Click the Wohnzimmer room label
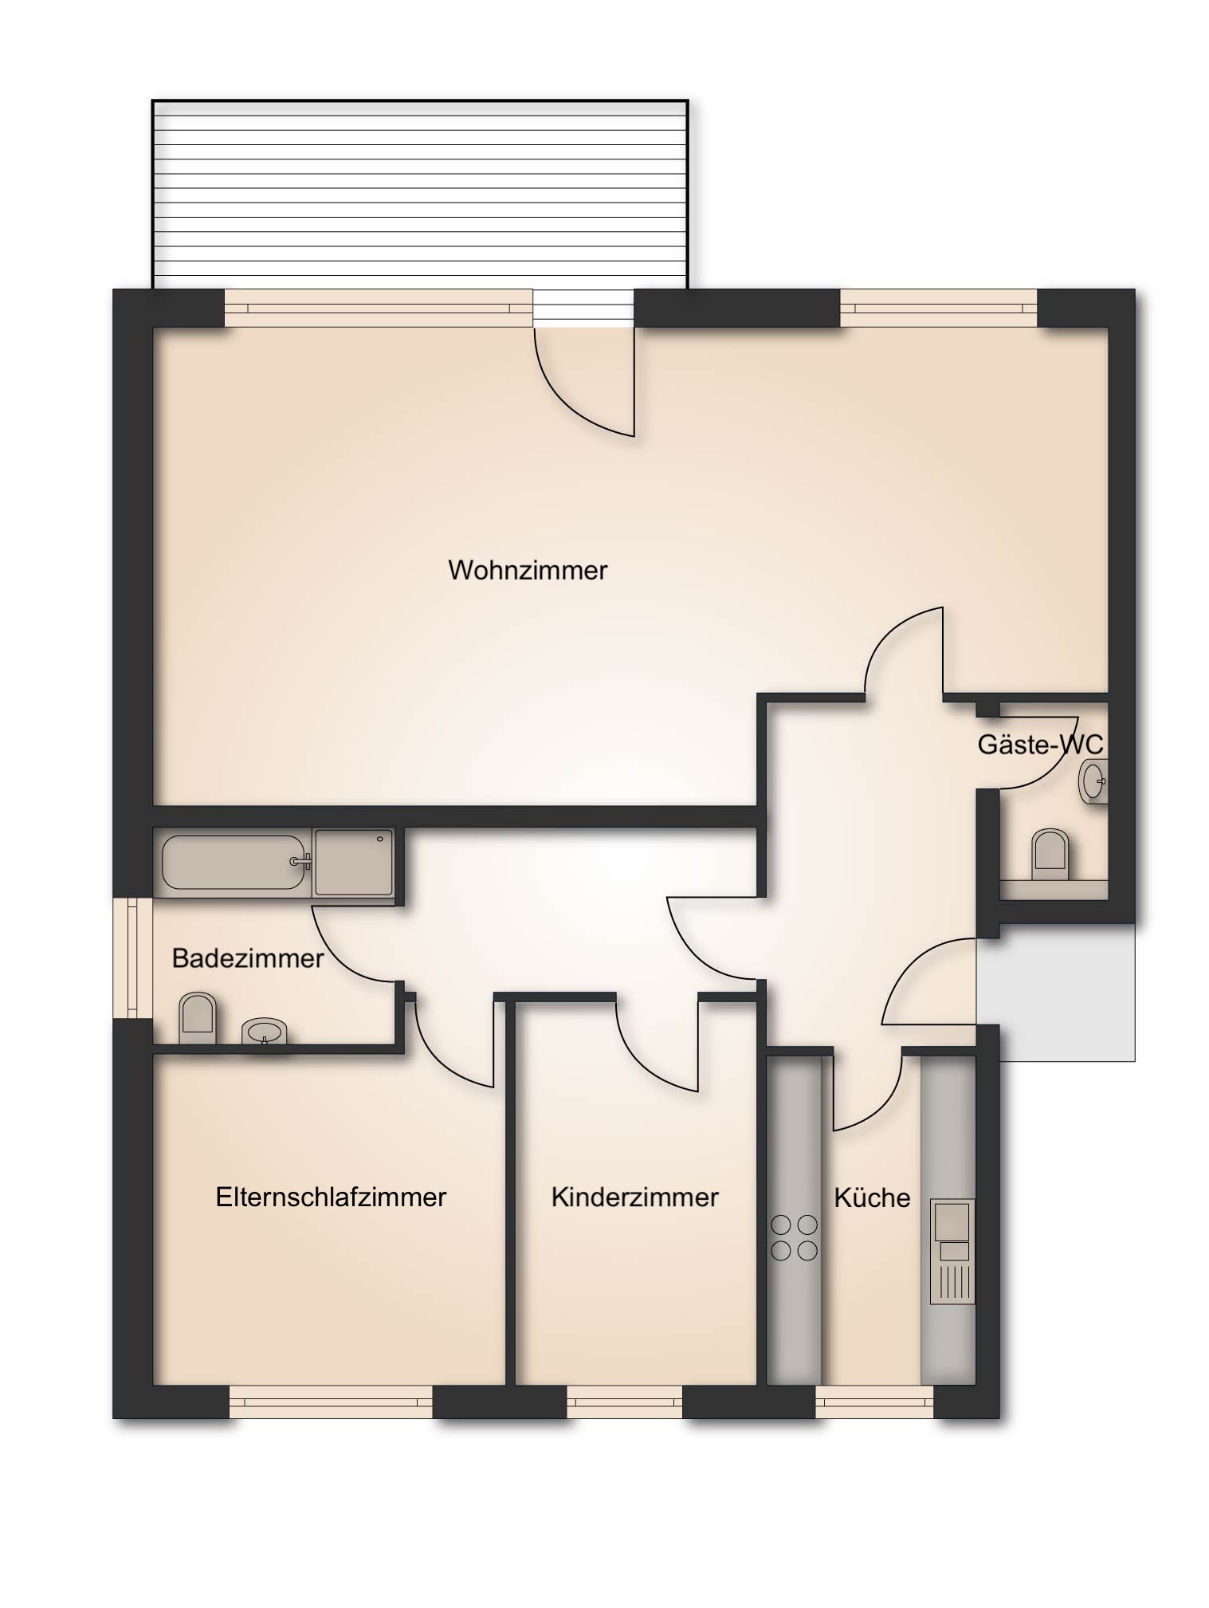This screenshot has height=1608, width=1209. click(x=528, y=570)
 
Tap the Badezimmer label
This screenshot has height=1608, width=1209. click(x=248, y=957)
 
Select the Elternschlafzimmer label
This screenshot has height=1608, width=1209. click(x=331, y=1197)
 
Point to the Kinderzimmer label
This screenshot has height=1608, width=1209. click(x=635, y=1197)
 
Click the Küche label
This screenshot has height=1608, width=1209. click(x=872, y=1197)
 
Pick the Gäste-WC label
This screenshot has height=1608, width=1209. click(x=1040, y=745)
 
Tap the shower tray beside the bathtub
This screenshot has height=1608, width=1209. click(x=354, y=862)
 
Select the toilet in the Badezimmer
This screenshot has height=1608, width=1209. click(x=198, y=1017)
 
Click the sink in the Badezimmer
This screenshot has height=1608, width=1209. click(x=264, y=1032)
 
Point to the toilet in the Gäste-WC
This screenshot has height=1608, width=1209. click(x=1050, y=854)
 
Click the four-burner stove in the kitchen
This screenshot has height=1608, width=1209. click(x=795, y=1238)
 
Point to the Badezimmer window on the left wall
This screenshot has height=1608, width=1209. click(x=132, y=958)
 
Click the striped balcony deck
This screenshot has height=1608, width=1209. click(x=420, y=194)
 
